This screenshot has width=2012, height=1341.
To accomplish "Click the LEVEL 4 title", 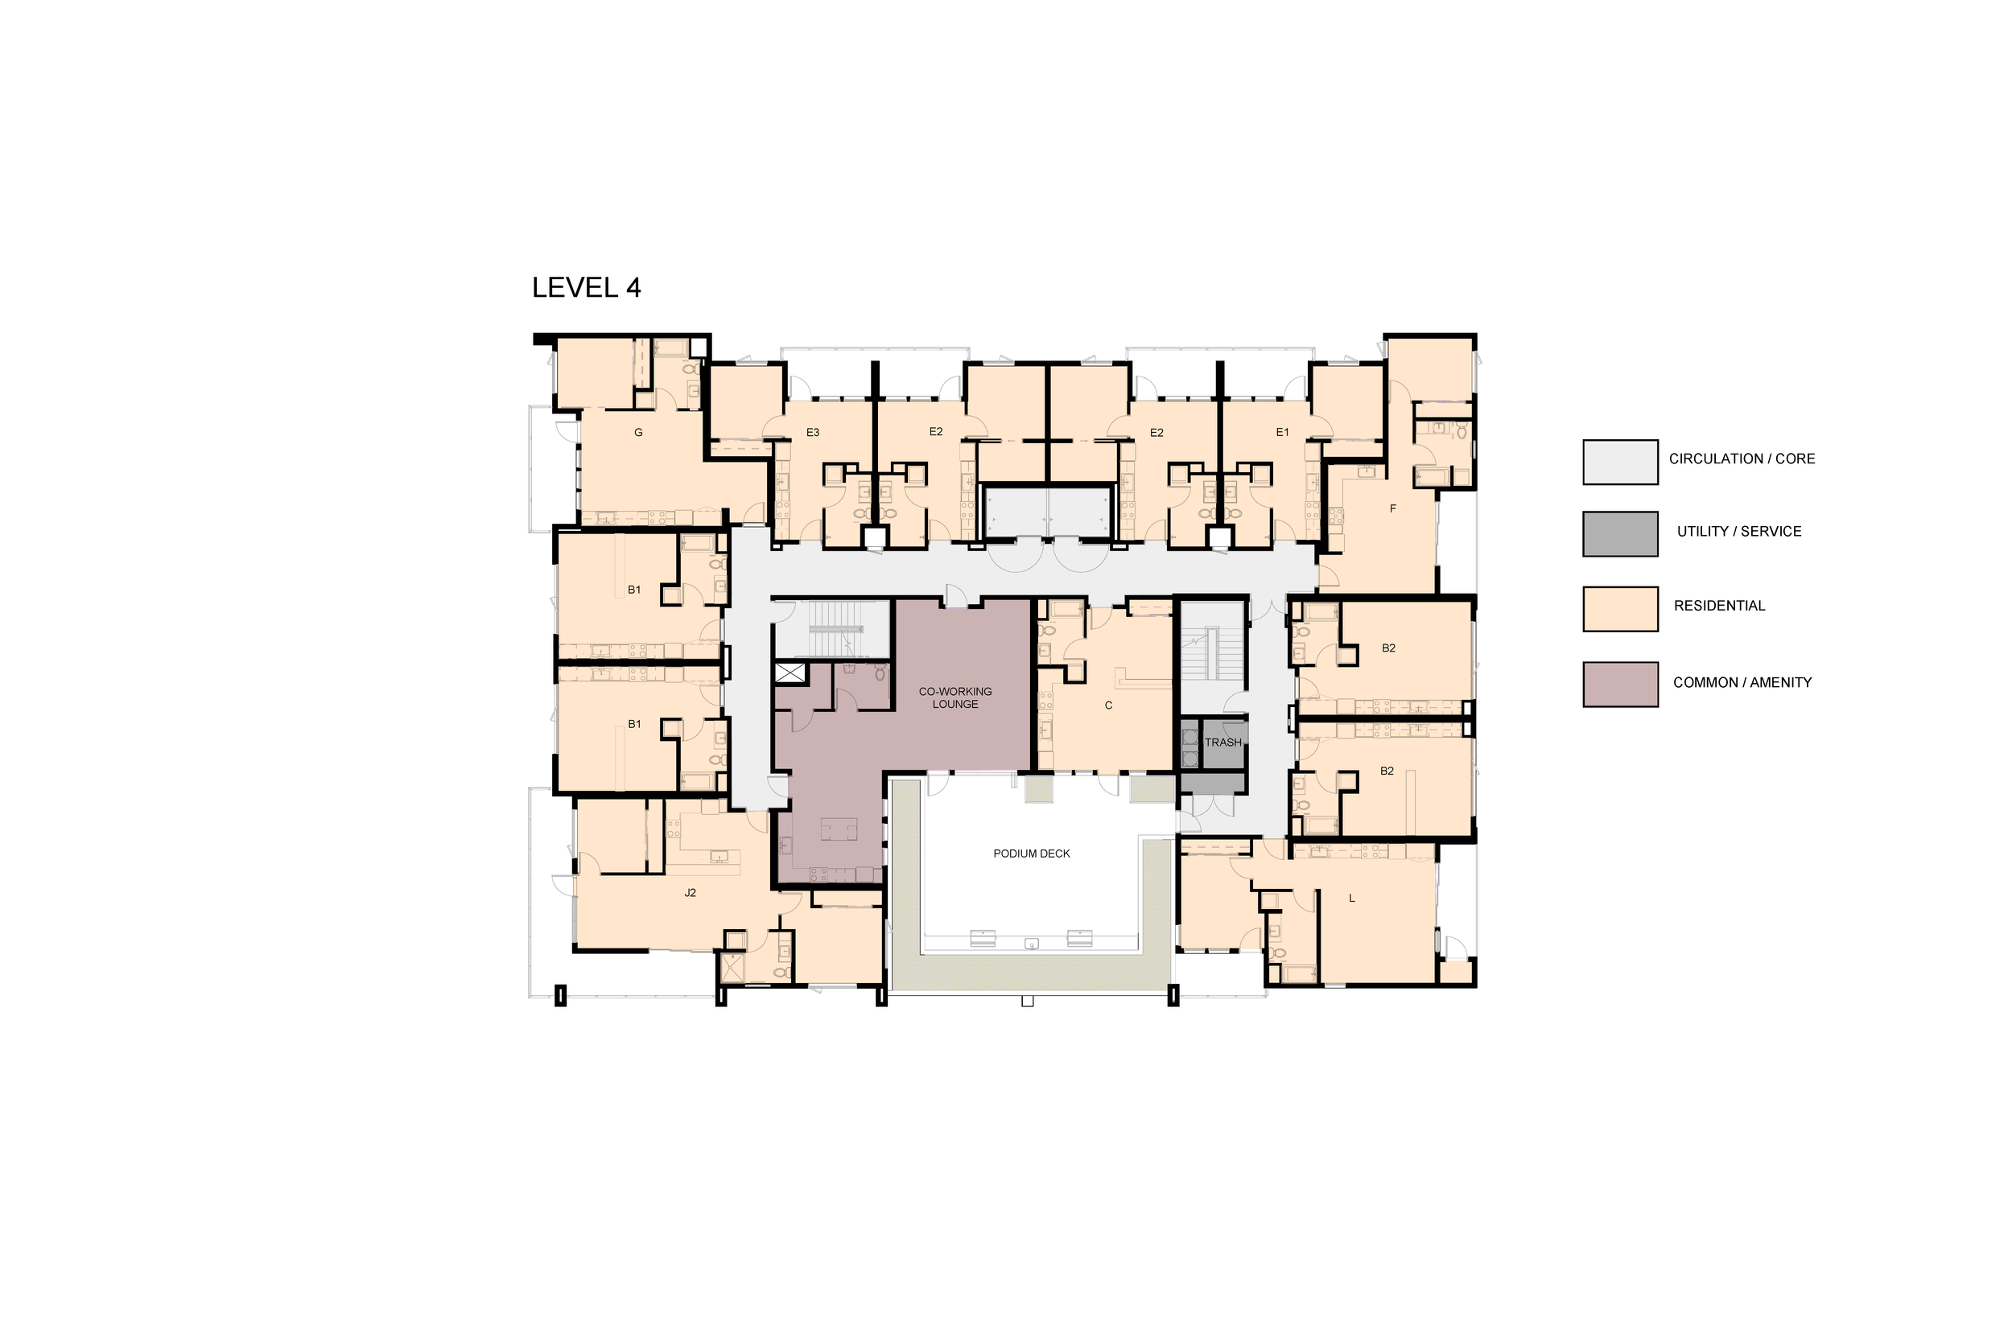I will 586,288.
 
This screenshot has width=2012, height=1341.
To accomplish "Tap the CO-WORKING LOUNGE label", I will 954,698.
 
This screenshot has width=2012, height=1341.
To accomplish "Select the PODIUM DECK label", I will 1031,854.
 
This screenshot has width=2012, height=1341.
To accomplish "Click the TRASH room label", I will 1222,742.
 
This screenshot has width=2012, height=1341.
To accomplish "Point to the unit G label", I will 638,433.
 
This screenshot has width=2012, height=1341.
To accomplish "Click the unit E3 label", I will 813,433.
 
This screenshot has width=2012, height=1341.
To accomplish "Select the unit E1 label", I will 1281,433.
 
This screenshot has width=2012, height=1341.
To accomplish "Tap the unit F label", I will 1392,509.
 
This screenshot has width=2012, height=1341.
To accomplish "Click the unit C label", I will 1109,705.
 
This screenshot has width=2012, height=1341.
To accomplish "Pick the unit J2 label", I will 691,893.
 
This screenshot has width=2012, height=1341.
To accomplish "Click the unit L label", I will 1351,898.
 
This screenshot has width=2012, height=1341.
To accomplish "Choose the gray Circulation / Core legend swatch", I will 1619,462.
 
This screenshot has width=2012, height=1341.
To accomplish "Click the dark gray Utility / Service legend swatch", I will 1619,533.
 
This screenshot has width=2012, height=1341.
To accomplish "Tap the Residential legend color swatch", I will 1619,608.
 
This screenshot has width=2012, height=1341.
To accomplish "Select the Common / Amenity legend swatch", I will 1619,685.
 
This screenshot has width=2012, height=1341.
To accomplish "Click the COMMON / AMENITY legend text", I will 1742,682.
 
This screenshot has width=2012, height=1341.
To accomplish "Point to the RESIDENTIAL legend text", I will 1718,606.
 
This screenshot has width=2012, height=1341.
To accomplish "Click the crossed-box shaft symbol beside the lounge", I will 790,673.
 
